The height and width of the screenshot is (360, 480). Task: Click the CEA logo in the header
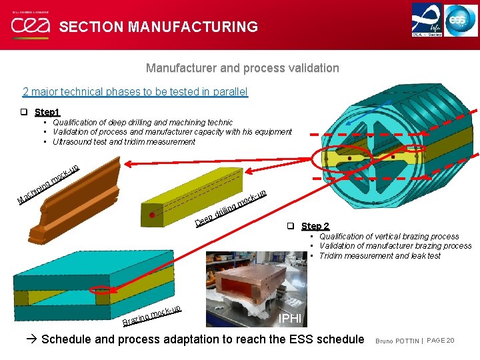[28, 25]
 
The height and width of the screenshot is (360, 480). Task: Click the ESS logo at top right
[461, 19]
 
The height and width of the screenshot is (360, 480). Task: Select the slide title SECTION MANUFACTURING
[158, 27]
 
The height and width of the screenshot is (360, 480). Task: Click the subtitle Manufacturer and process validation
[242, 68]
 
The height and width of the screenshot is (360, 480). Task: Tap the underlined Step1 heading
[47, 112]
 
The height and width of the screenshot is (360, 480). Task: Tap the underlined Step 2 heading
[315, 226]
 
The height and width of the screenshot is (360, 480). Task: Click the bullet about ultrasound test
[123, 141]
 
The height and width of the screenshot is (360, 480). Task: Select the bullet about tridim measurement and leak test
[379, 255]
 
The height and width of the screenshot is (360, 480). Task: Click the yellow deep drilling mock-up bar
[200, 190]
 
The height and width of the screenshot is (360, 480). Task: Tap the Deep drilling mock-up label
[231, 207]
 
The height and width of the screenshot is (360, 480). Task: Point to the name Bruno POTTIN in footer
[397, 341]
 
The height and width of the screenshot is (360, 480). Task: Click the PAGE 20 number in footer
[440, 341]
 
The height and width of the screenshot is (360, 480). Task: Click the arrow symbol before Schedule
[33, 339]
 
